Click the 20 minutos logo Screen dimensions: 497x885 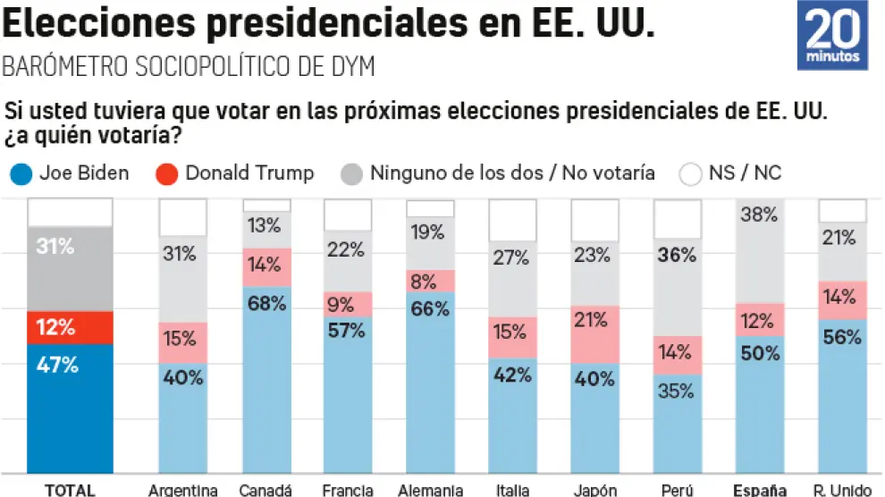(832, 36)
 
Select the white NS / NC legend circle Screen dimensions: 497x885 (692, 173)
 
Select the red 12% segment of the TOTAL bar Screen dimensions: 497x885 (70, 327)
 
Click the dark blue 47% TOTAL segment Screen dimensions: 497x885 (70, 407)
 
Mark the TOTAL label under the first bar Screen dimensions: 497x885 (70, 490)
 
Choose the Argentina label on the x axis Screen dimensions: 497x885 (182, 490)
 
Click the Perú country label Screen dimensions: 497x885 (677, 490)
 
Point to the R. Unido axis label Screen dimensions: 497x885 (841, 490)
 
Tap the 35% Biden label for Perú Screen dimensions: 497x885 (677, 391)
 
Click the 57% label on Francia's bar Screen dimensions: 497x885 (347, 331)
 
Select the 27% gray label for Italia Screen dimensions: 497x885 (512, 259)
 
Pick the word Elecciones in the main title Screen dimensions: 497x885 (100, 24)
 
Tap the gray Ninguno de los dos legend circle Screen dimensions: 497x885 (352, 173)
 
